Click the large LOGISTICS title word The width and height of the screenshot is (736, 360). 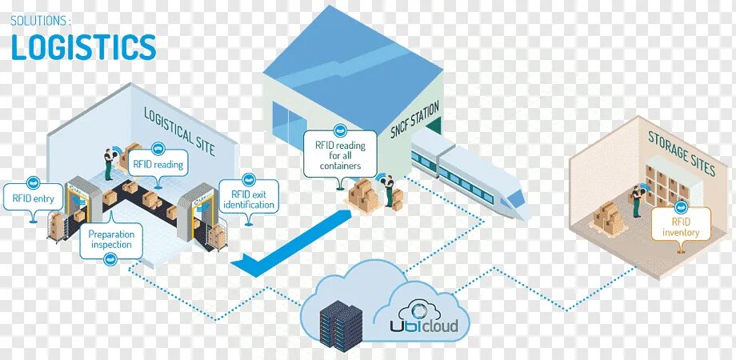click(83, 47)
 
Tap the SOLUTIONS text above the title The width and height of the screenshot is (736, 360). click(40, 18)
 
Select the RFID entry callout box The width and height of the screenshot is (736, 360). click(33, 194)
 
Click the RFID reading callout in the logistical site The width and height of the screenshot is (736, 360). click(158, 165)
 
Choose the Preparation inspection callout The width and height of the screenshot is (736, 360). click(111, 239)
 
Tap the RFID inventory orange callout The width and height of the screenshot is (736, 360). click(681, 227)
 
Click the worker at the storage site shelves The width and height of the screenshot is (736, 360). click(637, 199)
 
